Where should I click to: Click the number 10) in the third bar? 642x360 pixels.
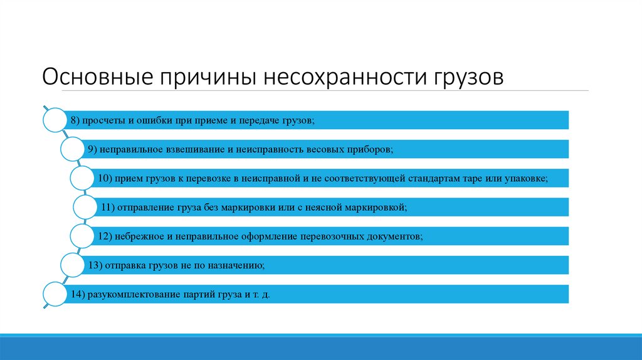pyautogui.click(x=104, y=178)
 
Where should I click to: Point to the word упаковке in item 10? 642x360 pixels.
pyautogui.click(x=525, y=178)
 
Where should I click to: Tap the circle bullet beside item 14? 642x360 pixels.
pyautogui.click(x=55, y=294)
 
